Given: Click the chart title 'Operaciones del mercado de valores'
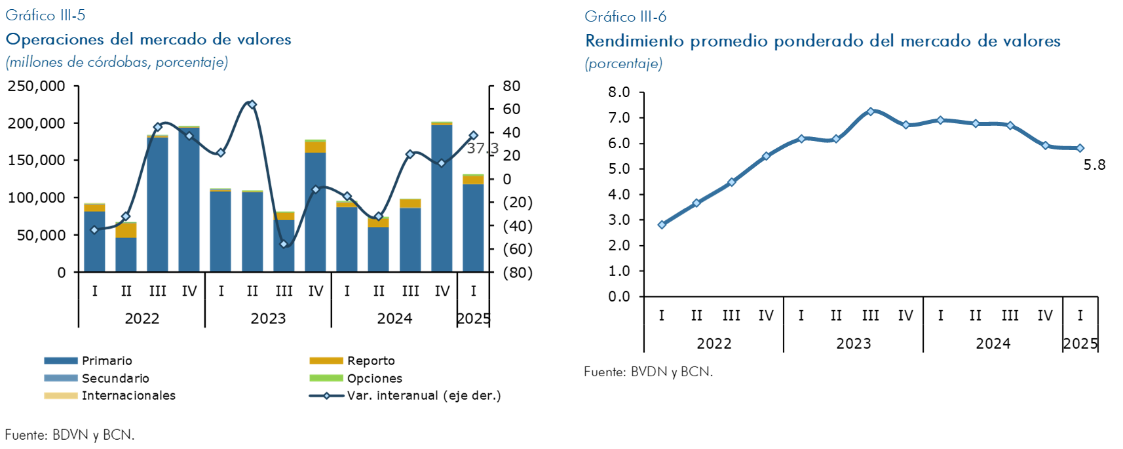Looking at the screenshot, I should point(148,39).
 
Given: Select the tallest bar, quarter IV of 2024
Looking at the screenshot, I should point(442,197).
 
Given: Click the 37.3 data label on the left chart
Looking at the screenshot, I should point(482,148).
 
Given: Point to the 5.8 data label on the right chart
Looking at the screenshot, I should point(1094,165).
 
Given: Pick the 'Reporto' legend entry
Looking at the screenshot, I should point(371,361).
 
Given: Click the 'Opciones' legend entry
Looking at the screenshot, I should point(374,378).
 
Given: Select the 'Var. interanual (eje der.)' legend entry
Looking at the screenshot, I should point(423,395).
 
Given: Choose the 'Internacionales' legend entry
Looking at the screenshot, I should point(128,395).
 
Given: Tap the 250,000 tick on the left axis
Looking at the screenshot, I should point(37,86).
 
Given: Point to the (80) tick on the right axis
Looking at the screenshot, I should point(518,272).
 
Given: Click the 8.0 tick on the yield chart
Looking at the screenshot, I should point(619,92).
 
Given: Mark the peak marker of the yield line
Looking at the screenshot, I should point(870,111).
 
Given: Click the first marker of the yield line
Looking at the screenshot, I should point(662,225).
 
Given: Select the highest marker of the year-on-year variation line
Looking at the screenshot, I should point(252,104).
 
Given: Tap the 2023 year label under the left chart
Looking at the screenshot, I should point(268,319).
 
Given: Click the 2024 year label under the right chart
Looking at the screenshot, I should point(993,343).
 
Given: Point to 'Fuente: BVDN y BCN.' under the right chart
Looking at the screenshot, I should point(648,372).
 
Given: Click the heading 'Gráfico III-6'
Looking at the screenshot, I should point(625,16).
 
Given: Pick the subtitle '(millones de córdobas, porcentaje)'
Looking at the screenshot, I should point(117,62).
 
